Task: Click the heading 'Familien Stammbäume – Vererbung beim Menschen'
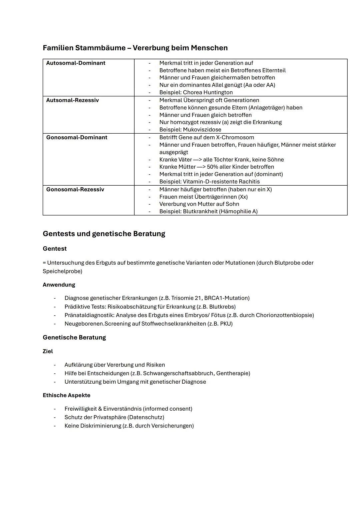[135, 48]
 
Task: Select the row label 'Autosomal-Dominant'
[76, 63]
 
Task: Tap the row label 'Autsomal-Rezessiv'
[72, 100]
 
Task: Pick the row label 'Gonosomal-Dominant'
[77, 137]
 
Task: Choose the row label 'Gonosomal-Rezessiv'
[75, 189]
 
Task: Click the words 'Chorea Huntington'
[208, 92]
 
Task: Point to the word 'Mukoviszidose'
[202, 130]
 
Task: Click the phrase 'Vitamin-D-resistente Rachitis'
[221, 182]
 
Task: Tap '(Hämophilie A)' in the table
[238, 211]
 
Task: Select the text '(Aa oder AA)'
[259, 85]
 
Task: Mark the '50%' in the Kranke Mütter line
[212, 167]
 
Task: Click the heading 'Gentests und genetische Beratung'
[104, 234]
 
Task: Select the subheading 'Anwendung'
[59, 285]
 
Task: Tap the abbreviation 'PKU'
[225, 324]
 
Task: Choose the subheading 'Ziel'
[48, 351]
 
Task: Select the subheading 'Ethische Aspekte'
[66, 395]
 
